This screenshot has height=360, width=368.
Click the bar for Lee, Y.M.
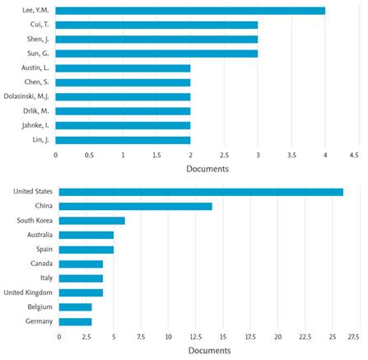click(190, 11)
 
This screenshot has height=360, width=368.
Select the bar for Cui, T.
click(156, 25)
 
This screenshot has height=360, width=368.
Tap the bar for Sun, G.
click(156, 54)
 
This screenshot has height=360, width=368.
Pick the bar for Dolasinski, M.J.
click(123, 96)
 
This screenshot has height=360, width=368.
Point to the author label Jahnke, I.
click(34, 125)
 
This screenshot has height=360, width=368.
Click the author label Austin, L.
click(35, 68)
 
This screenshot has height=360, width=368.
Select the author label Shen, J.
click(36, 39)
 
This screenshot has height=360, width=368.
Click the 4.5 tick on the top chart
click(354, 154)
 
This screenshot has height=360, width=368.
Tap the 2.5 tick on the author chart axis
click(224, 154)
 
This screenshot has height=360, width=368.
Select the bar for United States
click(201, 191)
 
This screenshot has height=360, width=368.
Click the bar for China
click(135, 206)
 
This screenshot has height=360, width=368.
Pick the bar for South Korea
click(91, 220)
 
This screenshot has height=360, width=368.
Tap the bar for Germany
click(75, 320)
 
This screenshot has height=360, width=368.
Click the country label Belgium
click(38, 306)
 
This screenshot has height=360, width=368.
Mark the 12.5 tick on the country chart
click(195, 336)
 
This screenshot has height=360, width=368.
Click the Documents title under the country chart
click(207, 351)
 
